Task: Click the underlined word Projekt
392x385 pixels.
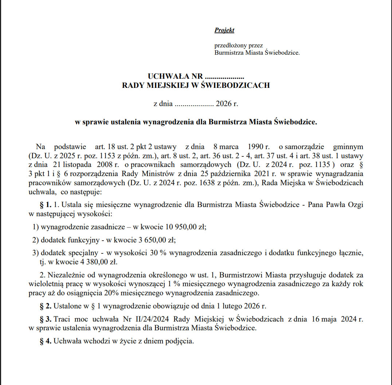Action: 224,30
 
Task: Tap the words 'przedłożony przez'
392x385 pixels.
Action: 239,46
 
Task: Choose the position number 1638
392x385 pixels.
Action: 180,183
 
